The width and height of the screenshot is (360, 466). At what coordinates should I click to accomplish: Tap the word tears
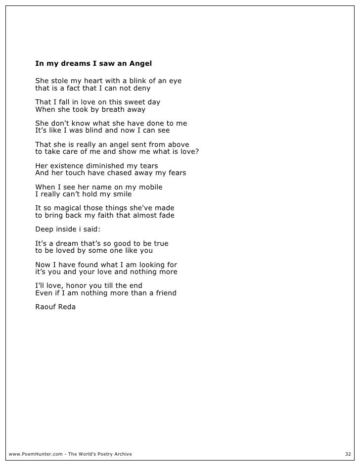[148, 165]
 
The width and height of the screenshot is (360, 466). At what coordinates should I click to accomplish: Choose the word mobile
[148, 187]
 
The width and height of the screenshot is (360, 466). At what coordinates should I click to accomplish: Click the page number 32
[347, 454]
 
